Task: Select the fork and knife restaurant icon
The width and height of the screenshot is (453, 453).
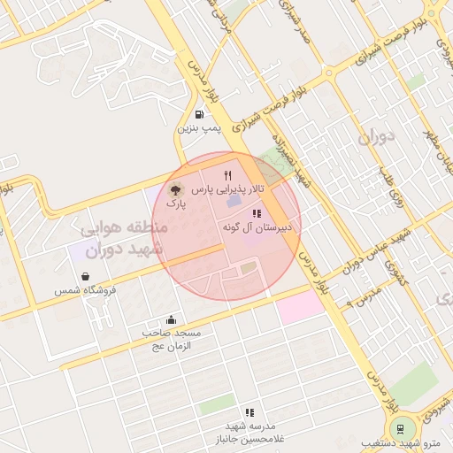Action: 227,175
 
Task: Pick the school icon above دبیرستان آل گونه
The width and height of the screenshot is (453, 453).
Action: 257,214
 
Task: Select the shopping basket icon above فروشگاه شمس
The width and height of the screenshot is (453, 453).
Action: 86,276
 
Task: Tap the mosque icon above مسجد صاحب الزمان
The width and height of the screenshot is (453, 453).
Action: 171,319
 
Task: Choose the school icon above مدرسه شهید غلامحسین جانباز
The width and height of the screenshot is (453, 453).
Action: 250,412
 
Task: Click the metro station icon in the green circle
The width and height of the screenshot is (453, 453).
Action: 403,428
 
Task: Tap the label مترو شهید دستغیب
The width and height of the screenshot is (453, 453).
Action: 403,443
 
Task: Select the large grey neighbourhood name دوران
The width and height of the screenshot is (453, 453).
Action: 375,138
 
